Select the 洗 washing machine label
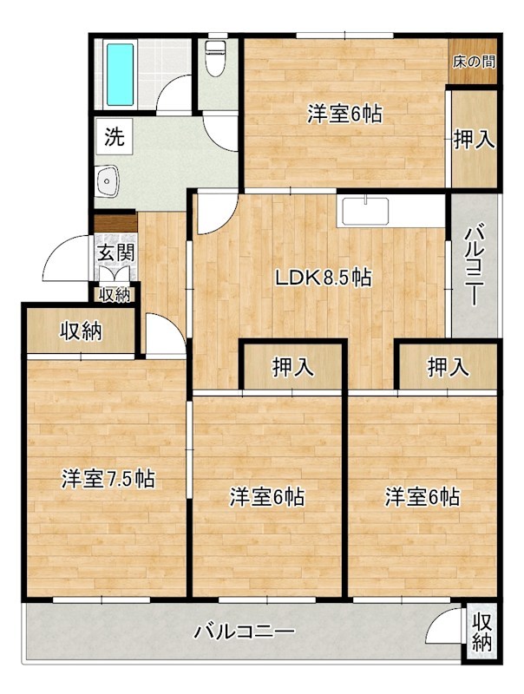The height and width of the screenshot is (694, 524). [115, 135]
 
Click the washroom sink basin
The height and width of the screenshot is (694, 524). [108, 181]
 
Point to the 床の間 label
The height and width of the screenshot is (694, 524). [474, 62]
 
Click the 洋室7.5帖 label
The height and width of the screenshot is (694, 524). [108, 478]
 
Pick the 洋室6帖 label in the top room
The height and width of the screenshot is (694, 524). [345, 114]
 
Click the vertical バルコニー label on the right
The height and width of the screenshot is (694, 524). [475, 265]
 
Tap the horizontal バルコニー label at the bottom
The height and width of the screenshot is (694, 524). [246, 631]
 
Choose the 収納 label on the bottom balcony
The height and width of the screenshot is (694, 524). [482, 632]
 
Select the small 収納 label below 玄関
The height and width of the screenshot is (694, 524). [115, 295]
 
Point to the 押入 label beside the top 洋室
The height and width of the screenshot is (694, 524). [474, 139]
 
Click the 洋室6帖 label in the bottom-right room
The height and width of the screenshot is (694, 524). [422, 497]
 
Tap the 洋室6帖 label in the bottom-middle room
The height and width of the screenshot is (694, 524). [266, 497]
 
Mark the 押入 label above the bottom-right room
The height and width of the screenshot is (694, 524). [449, 368]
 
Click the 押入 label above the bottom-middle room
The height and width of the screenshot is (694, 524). [292, 368]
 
